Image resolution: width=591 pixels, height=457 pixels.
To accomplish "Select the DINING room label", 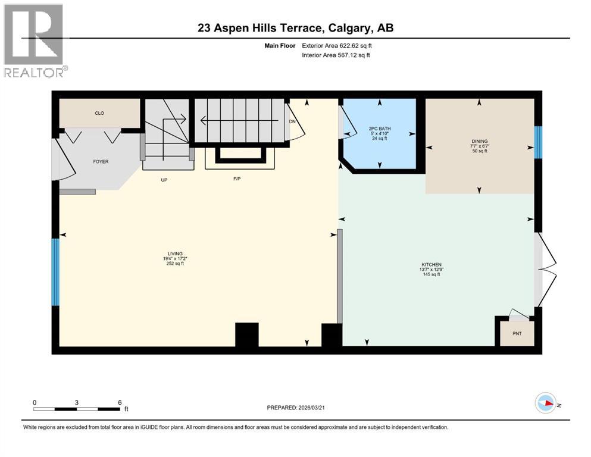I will tap(479, 142).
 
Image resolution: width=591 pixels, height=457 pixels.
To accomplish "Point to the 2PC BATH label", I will tap(379, 128).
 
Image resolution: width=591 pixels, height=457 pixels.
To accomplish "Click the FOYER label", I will tap(100, 161).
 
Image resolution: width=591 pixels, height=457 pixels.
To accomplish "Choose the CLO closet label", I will tap(99, 113).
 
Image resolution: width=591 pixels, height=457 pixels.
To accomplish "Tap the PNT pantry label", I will tap(517, 333).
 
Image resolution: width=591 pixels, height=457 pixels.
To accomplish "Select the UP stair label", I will tap(163, 180).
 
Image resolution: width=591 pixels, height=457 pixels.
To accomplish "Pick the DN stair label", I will tap(292, 121).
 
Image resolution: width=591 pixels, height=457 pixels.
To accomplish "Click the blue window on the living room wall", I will tap(55, 272).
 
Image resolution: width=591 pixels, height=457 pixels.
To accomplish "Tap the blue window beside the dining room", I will tap(538, 143).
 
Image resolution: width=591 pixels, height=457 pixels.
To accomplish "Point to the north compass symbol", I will tap(545, 403).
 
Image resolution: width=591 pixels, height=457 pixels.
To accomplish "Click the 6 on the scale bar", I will tap(120, 402).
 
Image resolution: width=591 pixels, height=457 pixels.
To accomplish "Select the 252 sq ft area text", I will tap(175, 264).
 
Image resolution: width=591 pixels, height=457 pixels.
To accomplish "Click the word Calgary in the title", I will tap(347, 28).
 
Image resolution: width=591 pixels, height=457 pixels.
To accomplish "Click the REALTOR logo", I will tap(33, 39).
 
